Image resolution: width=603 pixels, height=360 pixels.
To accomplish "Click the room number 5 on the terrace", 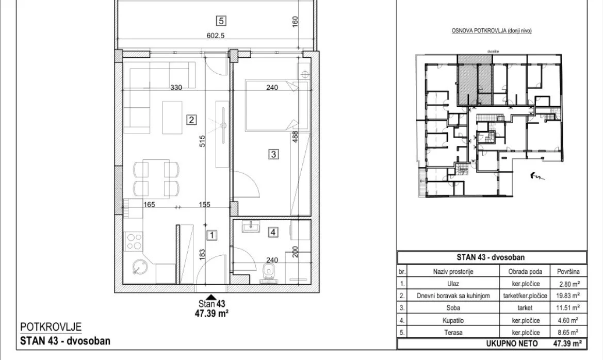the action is [221, 21].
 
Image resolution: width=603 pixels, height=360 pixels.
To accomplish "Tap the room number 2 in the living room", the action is [191, 120].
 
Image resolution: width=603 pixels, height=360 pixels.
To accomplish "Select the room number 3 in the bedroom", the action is [273, 154].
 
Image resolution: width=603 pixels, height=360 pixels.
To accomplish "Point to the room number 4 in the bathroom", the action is [273, 232].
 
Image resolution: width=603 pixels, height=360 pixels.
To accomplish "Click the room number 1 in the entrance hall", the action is [212, 235].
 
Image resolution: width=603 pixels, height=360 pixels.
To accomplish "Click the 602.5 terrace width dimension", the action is [216, 36].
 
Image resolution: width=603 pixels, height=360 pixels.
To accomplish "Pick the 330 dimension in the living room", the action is [176, 88].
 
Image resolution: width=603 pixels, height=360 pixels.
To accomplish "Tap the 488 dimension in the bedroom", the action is [296, 137].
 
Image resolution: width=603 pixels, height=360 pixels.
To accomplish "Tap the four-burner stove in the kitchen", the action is [134, 241].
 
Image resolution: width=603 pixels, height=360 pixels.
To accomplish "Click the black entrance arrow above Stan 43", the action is [210, 297].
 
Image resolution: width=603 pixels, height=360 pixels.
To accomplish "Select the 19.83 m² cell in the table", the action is [568, 296].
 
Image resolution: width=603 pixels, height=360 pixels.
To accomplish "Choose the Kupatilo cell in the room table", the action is [453, 320].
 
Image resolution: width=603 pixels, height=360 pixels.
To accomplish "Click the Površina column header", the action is [568, 271].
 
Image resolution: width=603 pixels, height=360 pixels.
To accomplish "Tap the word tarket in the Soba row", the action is [525, 308].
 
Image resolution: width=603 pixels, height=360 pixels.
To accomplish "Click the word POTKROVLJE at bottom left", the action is [51, 327].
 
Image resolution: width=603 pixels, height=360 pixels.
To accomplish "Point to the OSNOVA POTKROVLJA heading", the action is [492, 31].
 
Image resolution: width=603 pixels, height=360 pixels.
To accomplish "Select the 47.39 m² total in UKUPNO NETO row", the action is [567, 343].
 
